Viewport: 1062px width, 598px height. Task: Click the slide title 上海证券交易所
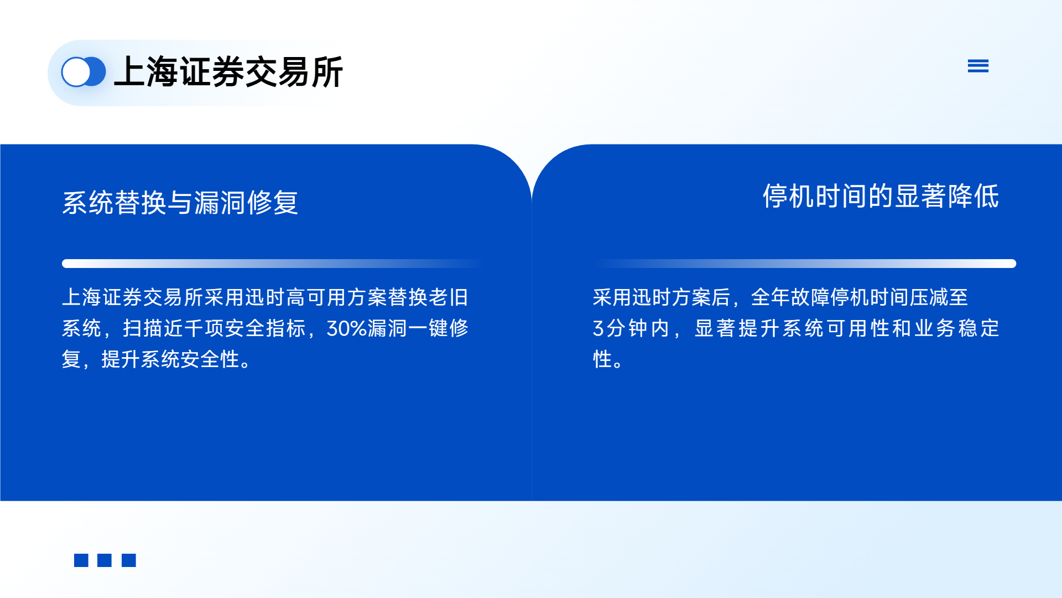pyautogui.click(x=228, y=72)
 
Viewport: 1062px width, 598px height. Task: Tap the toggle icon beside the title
pyautogui.click(x=84, y=72)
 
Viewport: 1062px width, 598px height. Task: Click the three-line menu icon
pyautogui.click(x=978, y=66)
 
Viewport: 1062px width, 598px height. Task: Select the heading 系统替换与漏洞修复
pyautogui.click(x=180, y=202)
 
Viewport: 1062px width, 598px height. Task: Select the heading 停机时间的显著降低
pyautogui.click(x=881, y=196)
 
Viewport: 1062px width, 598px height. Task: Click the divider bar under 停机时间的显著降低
pyautogui.click(x=806, y=264)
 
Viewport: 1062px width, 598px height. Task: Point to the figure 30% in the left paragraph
pyautogui.click(x=347, y=328)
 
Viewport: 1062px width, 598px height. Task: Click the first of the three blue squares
pyautogui.click(x=81, y=560)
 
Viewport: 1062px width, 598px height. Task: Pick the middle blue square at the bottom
pyautogui.click(x=105, y=560)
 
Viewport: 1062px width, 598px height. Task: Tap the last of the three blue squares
pyautogui.click(x=129, y=560)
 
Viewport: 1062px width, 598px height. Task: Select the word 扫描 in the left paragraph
pyautogui.click(x=143, y=328)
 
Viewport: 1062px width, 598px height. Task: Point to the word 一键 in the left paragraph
pyautogui.click(x=428, y=328)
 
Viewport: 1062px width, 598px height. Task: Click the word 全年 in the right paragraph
pyautogui.click(x=771, y=297)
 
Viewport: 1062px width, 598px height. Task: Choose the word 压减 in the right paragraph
pyautogui.click(x=929, y=297)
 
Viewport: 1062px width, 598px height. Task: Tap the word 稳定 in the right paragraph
pyautogui.click(x=978, y=328)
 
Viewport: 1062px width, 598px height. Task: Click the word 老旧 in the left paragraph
pyautogui.click(x=449, y=297)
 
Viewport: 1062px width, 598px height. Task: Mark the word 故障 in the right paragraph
pyautogui.click(x=810, y=297)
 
